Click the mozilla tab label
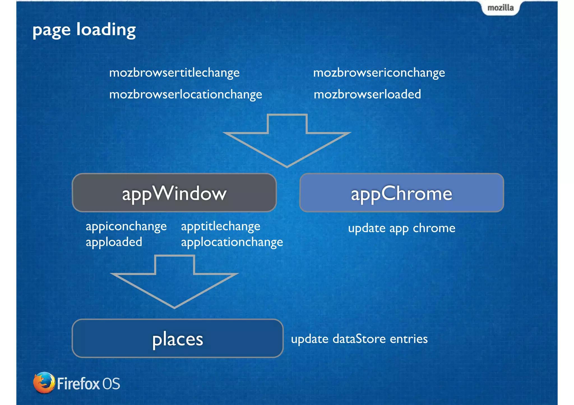[500, 8]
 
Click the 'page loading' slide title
[84, 30]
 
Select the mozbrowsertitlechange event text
[174, 73]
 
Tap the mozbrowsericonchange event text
[379, 73]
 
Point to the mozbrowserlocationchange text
[186, 94]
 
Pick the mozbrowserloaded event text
[367, 94]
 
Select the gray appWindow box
[174, 193]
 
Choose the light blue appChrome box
[402, 193]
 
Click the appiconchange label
[126, 226]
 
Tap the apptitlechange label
[221, 226]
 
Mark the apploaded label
[114, 242]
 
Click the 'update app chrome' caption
[402, 228]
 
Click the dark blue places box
[177, 338]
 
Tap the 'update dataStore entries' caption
[359, 339]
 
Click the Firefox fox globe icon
[44, 383]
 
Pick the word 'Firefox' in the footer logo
[78, 384]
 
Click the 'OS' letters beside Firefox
[111, 384]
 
